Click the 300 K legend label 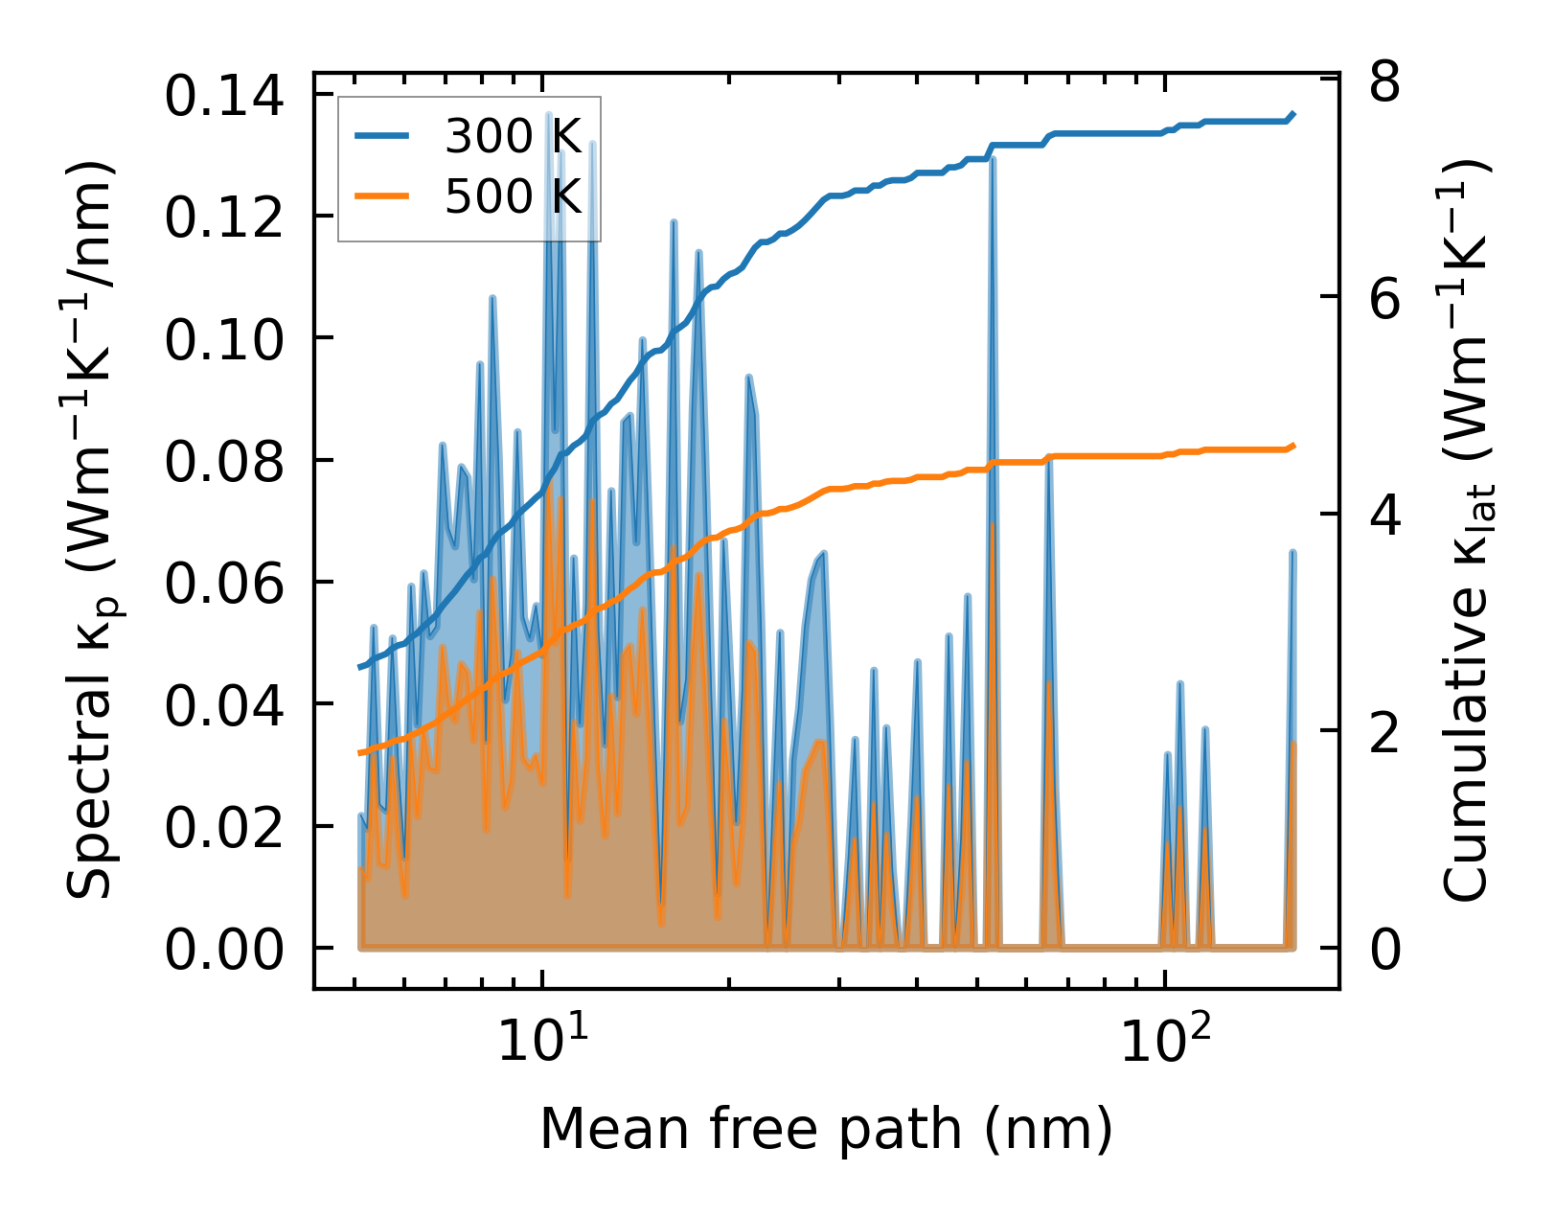coord(513,137)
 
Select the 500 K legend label coord(513,197)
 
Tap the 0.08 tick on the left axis coord(224,462)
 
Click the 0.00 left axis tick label coord(224,951)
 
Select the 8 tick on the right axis coord(1384,82)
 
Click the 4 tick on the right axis coord(1384,515)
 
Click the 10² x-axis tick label coord(1165,1041)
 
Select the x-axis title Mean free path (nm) coord(826,1129)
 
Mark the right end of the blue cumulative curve coord(1293,114)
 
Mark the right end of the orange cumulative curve coord(1293,446)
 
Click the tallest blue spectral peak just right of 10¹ coord(549,115)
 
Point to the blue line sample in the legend coord(382,137)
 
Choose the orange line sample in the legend coord(382,197)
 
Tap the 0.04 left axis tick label coord(224,706)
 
